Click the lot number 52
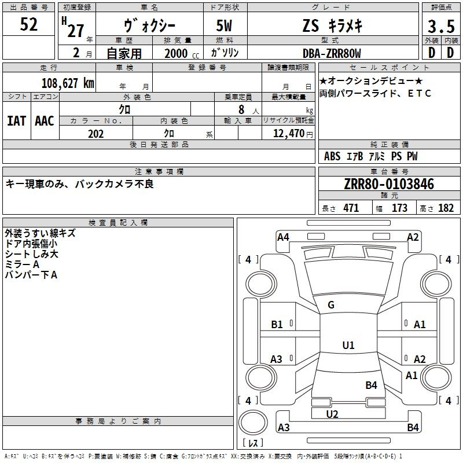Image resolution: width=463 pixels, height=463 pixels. click(28, 24)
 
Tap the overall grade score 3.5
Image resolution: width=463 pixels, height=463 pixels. click(441, 26)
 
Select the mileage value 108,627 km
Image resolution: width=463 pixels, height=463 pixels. click(68, 83)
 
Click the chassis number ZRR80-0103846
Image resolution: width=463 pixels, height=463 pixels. click(389, 184)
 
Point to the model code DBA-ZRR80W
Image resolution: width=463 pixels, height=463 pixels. click(332, 53)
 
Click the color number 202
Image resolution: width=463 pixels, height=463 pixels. click(95, 134)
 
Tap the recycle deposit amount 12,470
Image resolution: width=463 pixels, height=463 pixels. click(288, 134)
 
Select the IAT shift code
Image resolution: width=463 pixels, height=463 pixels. click(16, 121)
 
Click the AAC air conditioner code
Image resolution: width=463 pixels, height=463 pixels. click(45, 121)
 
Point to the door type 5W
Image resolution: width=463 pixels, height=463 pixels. click(224, 25)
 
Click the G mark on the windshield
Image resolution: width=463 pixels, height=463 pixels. click(331, 305)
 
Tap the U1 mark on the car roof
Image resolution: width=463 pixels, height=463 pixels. click(348, 345)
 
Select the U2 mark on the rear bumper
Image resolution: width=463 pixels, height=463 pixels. click(332, 414)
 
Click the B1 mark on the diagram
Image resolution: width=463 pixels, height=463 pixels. click(277, 325)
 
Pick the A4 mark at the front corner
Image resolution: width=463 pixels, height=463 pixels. click(283, 237)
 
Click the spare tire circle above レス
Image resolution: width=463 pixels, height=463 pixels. click(253, 422)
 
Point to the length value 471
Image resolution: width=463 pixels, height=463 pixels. click(351, 208)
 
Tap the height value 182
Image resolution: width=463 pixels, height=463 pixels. click(446, 208)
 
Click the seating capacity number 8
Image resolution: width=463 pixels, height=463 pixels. click(241, 109)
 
